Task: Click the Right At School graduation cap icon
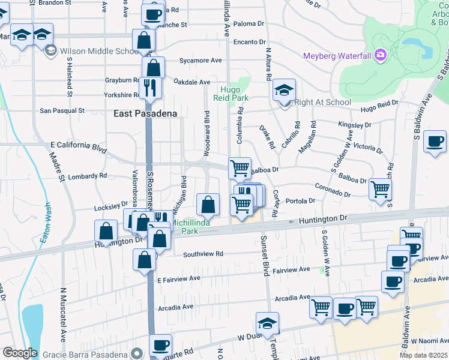point(285,91)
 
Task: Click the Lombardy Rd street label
point(87,176)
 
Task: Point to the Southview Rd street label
point(203,254)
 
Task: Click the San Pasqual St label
point(62,111)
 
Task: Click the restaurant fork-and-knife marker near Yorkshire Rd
point(150,88)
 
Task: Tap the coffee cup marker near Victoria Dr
point(434,142)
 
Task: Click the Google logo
point(20,353)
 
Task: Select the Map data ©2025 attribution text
point(423,355)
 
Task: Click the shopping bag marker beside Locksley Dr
point(208,205)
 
